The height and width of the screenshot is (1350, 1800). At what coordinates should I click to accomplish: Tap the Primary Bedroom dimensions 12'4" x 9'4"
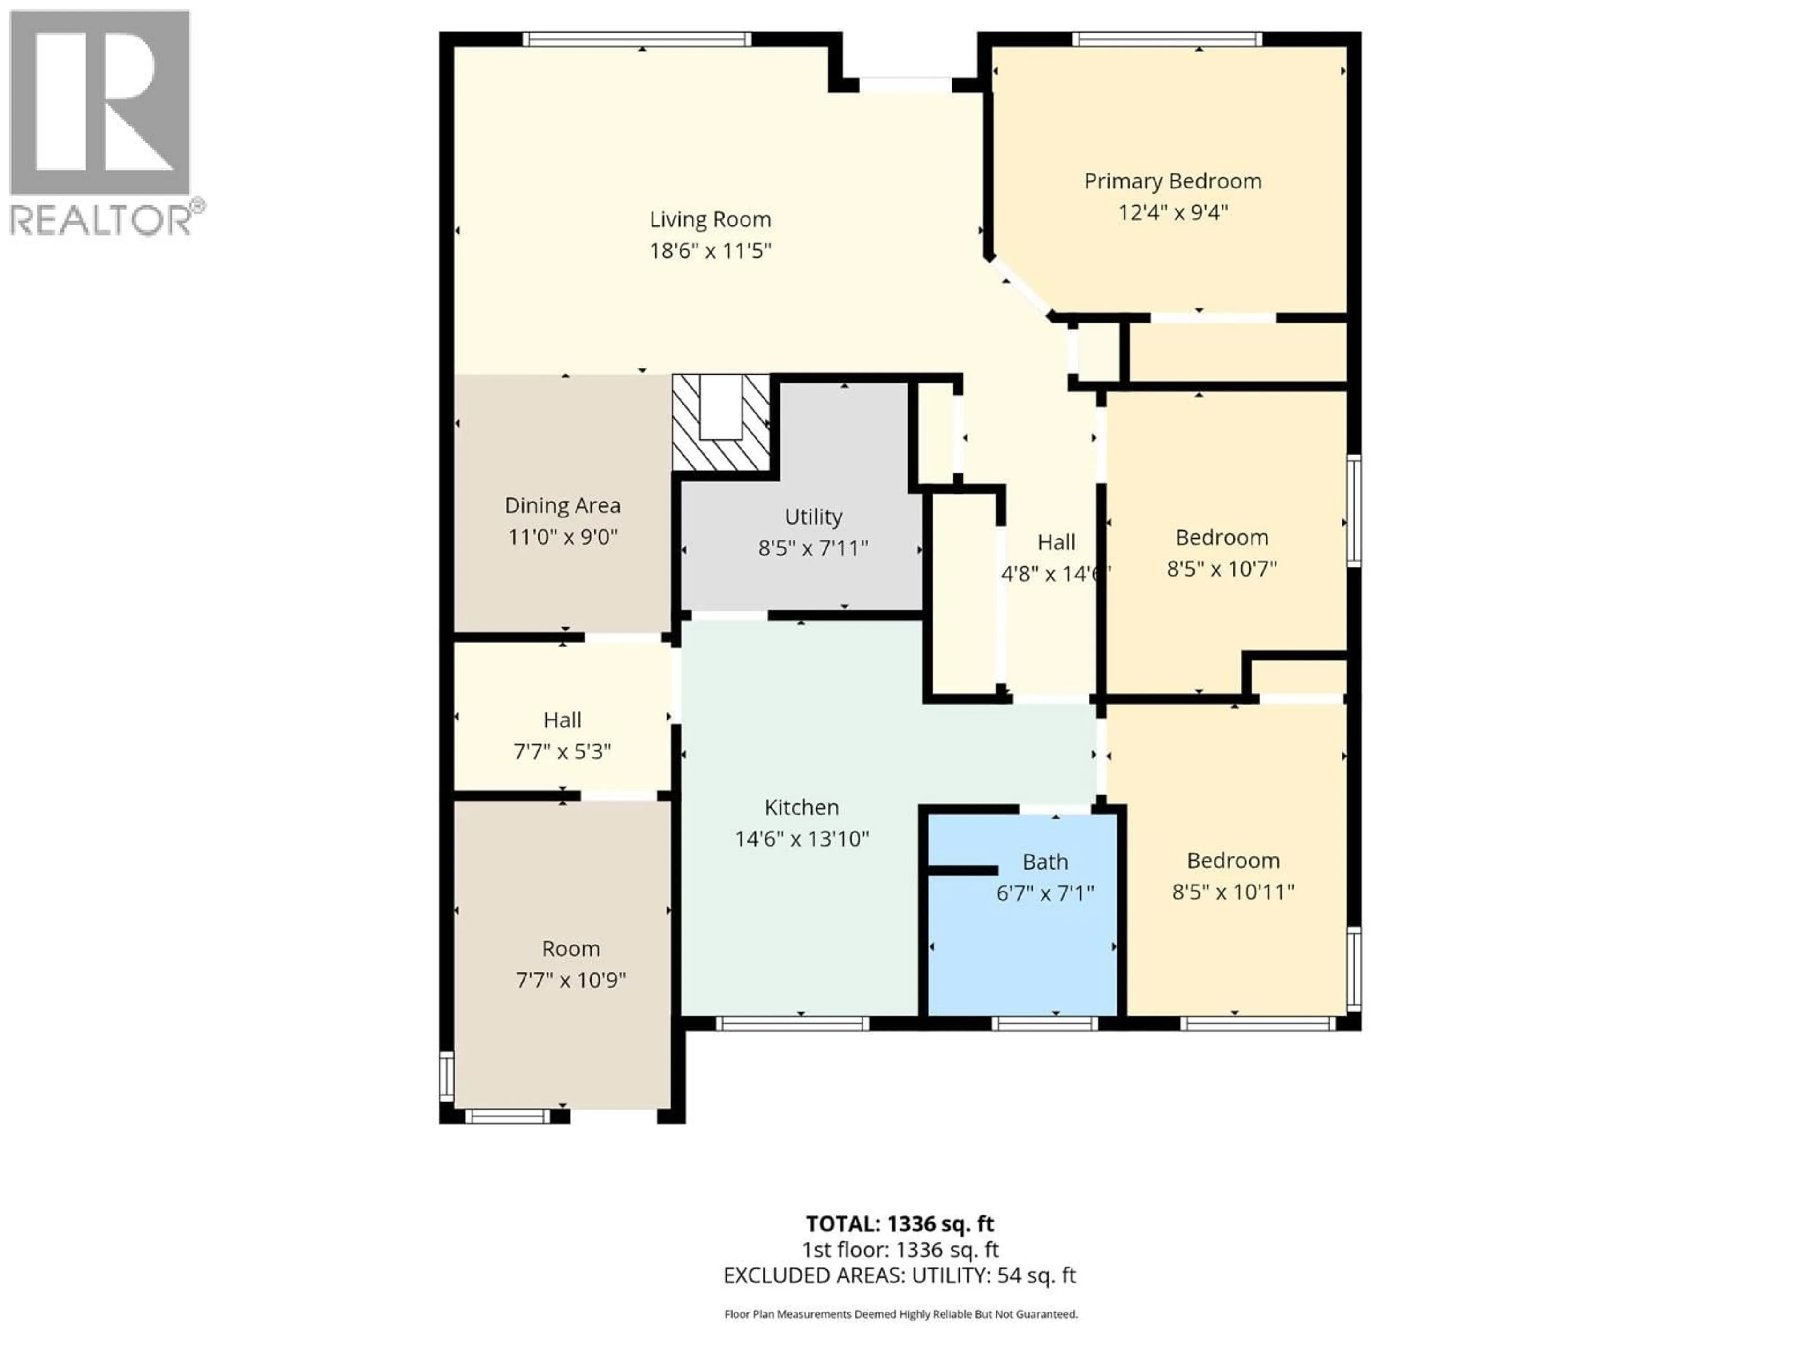pos(1173,212)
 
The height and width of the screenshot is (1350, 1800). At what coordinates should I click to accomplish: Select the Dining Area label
pos(562,505)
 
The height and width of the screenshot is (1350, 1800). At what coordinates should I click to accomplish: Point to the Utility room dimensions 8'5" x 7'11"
pos(813,548)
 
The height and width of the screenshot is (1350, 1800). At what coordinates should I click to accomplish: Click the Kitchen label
pos(802,807)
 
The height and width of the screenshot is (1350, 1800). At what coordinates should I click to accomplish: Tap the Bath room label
pos(1045,862)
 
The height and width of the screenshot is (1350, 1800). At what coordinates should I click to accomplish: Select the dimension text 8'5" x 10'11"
pos(1233,892)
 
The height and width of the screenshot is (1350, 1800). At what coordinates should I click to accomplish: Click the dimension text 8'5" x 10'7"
pos(1222,569)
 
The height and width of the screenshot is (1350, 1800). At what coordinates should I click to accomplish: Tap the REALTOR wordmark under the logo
pos(102,220)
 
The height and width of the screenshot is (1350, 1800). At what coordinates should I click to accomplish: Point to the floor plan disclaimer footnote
pos(900,1313)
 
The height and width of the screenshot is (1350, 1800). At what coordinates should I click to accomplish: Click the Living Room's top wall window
pos(637,39)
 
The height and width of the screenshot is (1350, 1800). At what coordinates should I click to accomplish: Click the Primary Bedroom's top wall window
pos(1167,39)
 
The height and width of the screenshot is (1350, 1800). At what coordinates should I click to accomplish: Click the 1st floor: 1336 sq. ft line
pos(900,1250)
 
